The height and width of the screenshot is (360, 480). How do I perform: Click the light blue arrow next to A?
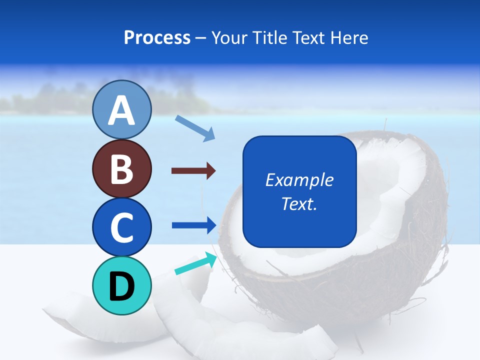pyautogui.click(x=195, y=128)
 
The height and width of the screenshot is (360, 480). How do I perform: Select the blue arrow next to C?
pyautogui.click(x=194, y=225)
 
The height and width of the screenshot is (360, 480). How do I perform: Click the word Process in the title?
pyautogui.click(x=157, y=38)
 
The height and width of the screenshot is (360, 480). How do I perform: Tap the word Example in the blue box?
pyautogui.click(x=299, y=180)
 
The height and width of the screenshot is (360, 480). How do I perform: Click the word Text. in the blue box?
pyautogui.click(x=299, y=203)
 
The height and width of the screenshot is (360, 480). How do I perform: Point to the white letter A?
pyautogui.click(x=121, y=110)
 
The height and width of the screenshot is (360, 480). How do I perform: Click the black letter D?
pyautogui.click(x=121, y=286)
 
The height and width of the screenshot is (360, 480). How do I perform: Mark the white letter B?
pyautogui.click(x=121, y=169)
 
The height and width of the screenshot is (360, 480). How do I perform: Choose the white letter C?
pyautogui.click(x=121, y=227)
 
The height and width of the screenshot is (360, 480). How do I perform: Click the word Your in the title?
pyautogui.click(x=229, y=38)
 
